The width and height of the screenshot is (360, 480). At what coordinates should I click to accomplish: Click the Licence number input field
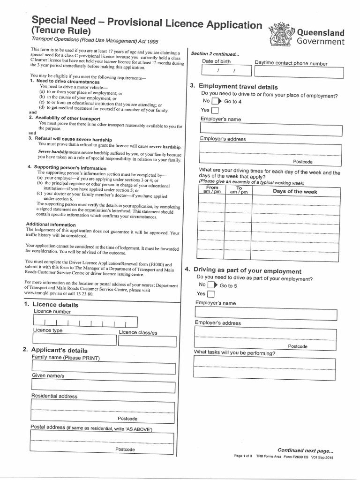[85, 322]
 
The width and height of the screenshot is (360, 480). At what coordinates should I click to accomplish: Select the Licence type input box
[73, 340]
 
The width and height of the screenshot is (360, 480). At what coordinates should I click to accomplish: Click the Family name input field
[102, 367]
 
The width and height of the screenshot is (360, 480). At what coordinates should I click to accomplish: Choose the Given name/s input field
[102, 385]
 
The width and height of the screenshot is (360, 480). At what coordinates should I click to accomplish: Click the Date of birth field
[224, 72]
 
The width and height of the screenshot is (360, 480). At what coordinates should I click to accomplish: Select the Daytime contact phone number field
[299, 72]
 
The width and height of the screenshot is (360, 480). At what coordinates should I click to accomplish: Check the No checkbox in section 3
[215, 101]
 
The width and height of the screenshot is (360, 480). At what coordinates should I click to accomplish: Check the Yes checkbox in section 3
[215, 111]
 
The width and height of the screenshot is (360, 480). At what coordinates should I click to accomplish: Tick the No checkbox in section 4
[211, 285]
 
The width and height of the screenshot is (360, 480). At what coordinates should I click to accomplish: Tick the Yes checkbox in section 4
[211, 294]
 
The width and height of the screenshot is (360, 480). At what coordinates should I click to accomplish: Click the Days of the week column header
[295, 191]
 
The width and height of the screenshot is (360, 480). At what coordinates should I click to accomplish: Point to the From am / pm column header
[212, 190]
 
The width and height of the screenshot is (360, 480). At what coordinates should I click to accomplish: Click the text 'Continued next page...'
[305, 450]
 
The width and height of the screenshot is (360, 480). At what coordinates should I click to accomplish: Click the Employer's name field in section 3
[270, 130]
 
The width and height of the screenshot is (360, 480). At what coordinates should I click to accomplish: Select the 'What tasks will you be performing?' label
[235, 353]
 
